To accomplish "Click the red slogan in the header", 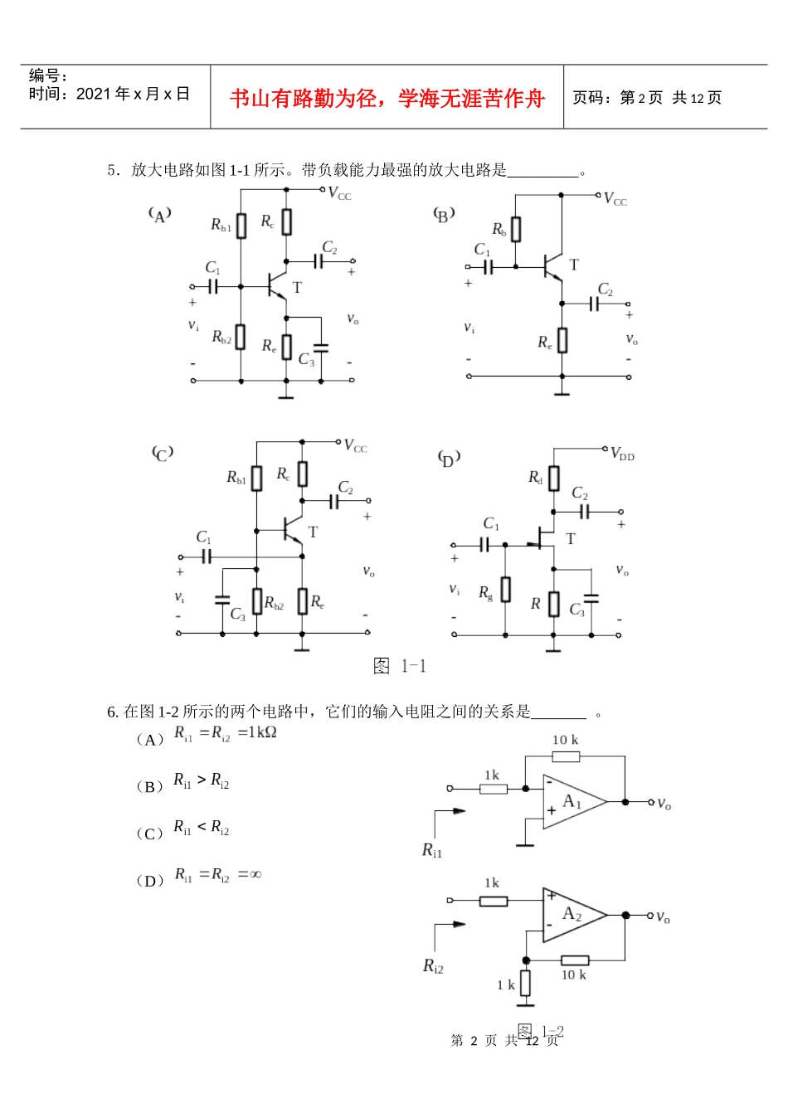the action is pyautogui.click(x=387, y=99).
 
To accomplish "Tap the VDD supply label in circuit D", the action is pyautogui.click(x=622, y=454).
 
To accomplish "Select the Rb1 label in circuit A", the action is pyautogui.click(x=221, y=225).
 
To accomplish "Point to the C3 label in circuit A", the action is pyautogui.click(x=306, y=360).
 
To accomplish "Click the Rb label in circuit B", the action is pyautogui.click(x=499, y=229).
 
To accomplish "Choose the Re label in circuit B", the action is pyautogui.click(x=544, y=342).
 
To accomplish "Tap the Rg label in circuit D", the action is pyautogui.click(x=486, y=592).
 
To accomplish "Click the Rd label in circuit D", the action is pyautogui.click(x=536, y=477).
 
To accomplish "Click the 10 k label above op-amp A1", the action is pyautogui.click(x=566, y=740).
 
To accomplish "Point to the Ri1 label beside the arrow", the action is pyautogui.click(x=432, y=850).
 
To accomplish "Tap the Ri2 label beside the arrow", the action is pyautogui.click(x=433, y=965).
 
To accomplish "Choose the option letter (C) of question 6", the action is pyautogui.click(x=149, y=834).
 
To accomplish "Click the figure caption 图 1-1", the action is pyautogui.click(x=400, y=666).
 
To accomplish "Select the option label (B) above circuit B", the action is pyautogui.click(x=444, y=216).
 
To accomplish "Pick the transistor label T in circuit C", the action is pyautogui.click(x=313, y=532).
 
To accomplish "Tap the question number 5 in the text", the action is pyautogui.click(x=111, y=170).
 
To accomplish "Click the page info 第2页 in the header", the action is pyautogui.click(x=641, y=98).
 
